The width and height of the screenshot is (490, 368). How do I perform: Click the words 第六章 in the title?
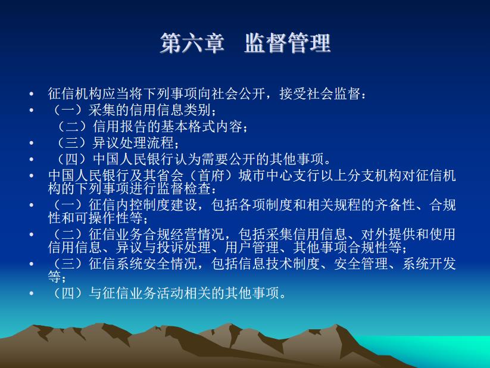tap(192, 43)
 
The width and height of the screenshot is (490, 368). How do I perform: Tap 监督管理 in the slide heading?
tap(288, 43)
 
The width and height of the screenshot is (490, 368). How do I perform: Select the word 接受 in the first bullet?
tap(293, 93)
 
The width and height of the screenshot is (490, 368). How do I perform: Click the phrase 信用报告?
tap(120, 127)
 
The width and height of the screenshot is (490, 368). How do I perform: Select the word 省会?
tap(170, 176)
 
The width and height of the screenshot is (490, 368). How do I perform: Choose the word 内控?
tap(129, 205)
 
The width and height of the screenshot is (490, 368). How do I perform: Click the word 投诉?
tap(170, 247)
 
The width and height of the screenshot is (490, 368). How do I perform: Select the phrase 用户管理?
tap(252, 247)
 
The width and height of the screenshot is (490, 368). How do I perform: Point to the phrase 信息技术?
tap(266, 264)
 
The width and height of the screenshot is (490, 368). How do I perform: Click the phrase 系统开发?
tap(429, 264)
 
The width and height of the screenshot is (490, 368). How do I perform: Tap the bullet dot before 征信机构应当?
tap(31, 94)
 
